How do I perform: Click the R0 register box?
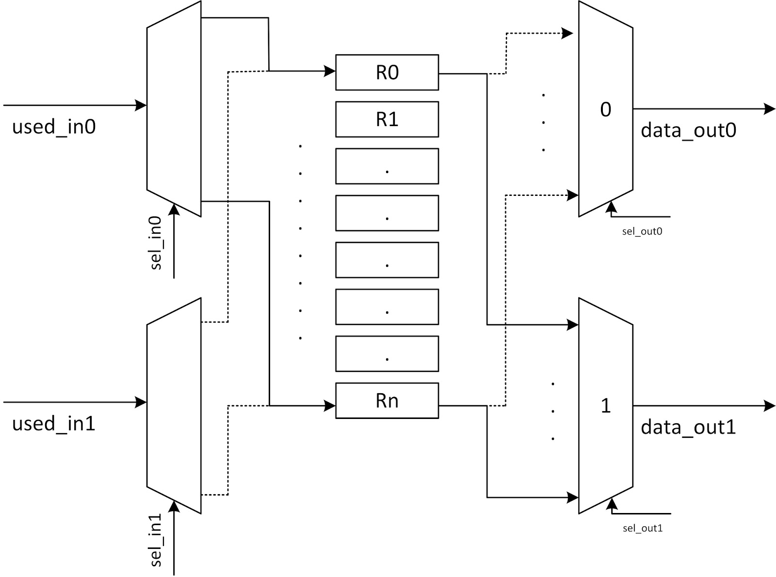(387, 73)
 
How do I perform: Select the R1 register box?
(387, 119)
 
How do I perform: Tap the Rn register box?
(387, 401)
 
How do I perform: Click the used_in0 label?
(54, 127)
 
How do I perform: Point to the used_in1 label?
(54, 424)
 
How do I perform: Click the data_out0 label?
(688, 130)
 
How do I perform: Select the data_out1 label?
(688, 427)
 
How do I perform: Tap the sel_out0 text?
(642, 231)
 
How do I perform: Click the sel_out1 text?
(643, 528)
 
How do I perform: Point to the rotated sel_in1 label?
(156, 540)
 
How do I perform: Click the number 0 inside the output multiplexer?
(606, 110)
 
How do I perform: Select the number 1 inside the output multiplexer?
(606, 406)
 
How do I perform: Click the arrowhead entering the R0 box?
(330, 71)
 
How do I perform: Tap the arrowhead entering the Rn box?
(330, 405)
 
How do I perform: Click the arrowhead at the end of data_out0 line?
(770, 109)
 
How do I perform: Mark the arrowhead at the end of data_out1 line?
(770, 405)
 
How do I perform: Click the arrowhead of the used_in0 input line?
(141, 105)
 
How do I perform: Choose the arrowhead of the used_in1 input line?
(141, 402)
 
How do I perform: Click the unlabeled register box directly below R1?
(387, 166)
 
